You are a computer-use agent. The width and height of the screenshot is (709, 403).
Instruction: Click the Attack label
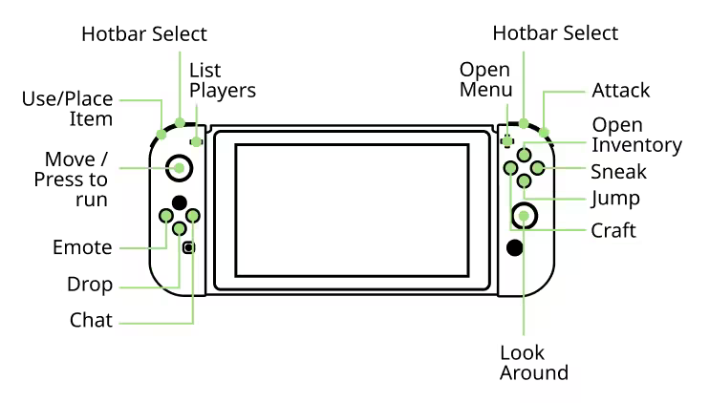tap(620, 91)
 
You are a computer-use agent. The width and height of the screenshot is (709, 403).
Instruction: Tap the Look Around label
tap(533, 363)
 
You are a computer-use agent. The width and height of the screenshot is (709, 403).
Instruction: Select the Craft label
tap(613, 230)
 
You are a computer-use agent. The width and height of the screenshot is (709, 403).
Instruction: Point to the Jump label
tap(615, 199)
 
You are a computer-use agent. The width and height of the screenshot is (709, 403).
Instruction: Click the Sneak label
tap(618, 172)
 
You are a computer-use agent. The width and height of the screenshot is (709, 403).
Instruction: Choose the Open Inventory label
tap(636, 135)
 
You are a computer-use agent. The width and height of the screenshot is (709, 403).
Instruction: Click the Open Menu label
tap(485, 79)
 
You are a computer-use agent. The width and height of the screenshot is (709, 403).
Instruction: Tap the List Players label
tap(223, 80)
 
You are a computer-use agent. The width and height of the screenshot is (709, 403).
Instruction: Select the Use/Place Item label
tap(68, 109)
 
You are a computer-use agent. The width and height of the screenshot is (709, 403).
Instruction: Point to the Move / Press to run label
tap(72, 180)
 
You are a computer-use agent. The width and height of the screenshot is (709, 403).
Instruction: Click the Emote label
tap(82, 247)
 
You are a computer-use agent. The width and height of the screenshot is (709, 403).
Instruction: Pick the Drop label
tap(90, 285)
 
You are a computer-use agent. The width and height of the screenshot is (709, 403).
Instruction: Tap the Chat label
tap(91, 320)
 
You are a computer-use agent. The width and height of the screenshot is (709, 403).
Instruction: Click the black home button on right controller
tap(515, 247)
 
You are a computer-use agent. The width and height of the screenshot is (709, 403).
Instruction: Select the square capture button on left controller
tap(189, 247)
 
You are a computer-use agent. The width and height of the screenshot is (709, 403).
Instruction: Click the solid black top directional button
tap(179, 202)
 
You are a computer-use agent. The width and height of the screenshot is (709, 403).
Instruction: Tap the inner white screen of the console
tap(352, 210)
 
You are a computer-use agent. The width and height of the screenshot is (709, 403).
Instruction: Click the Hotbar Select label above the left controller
tap(143, 34)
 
